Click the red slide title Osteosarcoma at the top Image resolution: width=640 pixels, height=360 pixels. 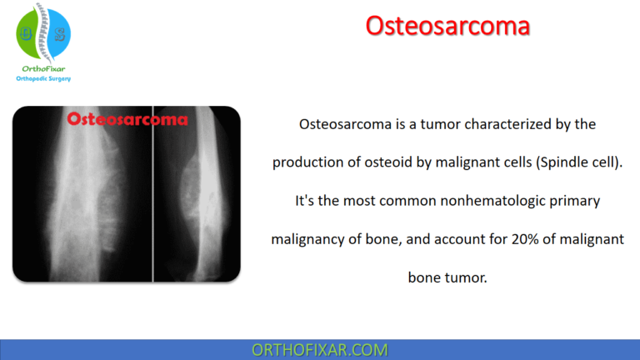(447, 26)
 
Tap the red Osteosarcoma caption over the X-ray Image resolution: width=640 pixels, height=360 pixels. (127, 118)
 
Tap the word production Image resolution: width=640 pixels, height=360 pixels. (305, 162)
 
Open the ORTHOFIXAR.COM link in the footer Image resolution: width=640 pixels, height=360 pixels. (319, 350)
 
